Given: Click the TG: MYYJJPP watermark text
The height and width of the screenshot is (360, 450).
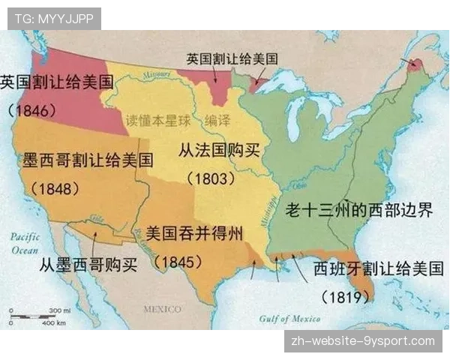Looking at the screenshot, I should pos(53,18).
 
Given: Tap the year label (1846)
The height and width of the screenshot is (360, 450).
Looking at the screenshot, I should pos(32,110).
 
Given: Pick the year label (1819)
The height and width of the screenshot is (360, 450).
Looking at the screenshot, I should pos(346,295).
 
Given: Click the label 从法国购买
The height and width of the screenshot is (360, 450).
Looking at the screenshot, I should pos(219,149).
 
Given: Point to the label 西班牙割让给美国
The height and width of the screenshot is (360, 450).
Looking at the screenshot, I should pos(378,268).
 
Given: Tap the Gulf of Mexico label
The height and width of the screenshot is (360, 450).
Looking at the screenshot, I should pos(289,318).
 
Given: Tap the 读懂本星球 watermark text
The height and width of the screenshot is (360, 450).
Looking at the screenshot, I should pos(154,119).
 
